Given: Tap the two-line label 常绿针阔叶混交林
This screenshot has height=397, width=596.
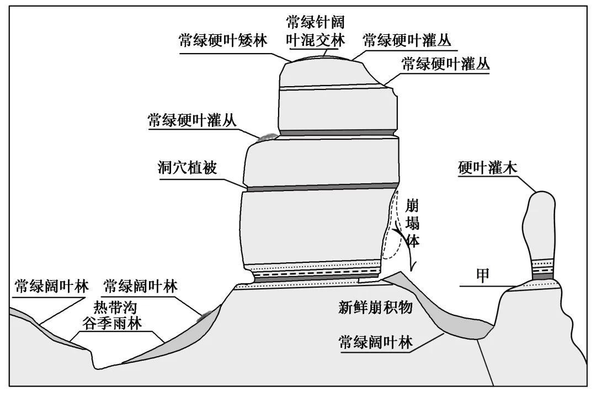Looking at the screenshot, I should pos(315,31).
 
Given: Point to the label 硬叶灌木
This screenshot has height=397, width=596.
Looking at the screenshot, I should pos(487,168).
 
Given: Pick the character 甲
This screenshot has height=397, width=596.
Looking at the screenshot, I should pos(483,276).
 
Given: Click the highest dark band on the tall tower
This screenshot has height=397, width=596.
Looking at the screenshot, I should pos(338,133).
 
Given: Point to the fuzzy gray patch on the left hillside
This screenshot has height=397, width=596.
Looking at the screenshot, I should pos(207,315).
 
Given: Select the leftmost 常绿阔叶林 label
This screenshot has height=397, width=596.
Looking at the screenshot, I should pos(51,287).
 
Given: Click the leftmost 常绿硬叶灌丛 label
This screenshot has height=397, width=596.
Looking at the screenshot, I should pos(191,120).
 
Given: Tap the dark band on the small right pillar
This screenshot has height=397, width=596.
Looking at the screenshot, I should pos(542,276).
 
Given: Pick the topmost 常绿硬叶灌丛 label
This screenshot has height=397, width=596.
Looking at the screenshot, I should pos(407,41).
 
